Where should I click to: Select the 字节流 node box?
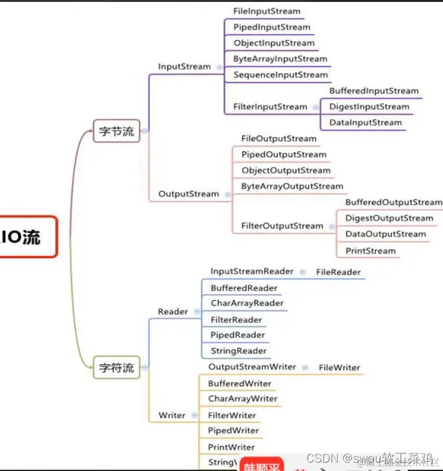[x=116, y=131]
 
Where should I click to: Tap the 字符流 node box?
[x=116, y=368]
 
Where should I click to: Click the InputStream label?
[x=184, y=66]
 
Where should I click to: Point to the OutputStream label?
[x=189, y=194]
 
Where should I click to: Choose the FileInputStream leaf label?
[x=267, y=11]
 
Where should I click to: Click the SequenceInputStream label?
[x=281, y=75]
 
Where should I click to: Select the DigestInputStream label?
[x=369, y=106]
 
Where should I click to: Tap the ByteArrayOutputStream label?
[x=292, y=186]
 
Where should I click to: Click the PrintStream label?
[x=371, y=250]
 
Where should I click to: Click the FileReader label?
[x=339, y=272]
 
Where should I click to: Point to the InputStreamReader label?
[x=251, y=272]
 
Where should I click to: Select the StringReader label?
[x=239, y=351]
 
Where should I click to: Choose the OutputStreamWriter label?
[x=252, y=366]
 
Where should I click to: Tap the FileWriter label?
[x=339, y=367]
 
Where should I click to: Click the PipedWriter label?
[x=233, y=430]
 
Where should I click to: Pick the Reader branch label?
[x=173, y=312]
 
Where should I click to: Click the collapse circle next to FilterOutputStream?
[x=331, y=226]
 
